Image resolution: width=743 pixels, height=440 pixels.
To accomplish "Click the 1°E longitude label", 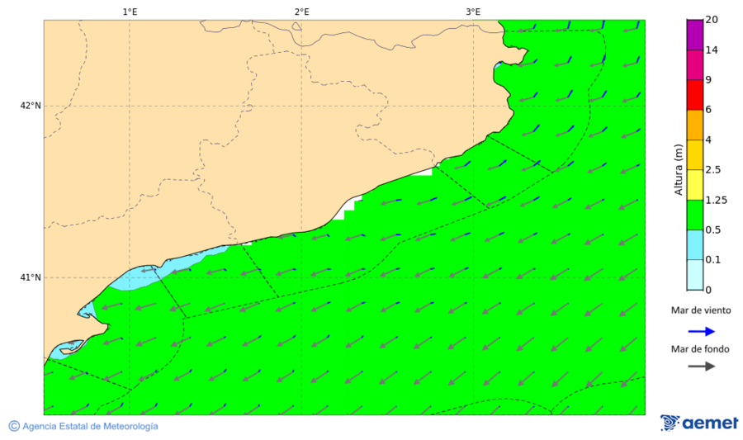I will pyautogui.click(x=130, y=12).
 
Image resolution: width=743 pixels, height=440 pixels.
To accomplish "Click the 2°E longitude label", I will pyautogui.click(x=301, y=12).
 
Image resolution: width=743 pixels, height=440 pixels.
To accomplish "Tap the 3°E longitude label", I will pyautogui.click(x=473, y=12).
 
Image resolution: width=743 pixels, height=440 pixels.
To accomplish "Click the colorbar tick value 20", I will pyautogui.click(x=711, y=21).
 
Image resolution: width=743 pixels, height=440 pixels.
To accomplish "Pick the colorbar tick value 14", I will pyautogui.click(x=711, y=50).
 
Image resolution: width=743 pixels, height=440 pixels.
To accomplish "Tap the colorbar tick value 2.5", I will pyautogui.click(x=713, y=169).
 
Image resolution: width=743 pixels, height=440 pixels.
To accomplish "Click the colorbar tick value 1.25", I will pyautogui.click(x=715, y=200).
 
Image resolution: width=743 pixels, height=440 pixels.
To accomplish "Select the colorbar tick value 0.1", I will pyautogui.click(x=712, y=259).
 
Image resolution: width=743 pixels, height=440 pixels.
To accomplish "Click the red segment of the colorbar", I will pyautogui.click(x=694, y=95).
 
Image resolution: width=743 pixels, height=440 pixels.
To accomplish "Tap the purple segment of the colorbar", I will pyautogui.click(x=694, y=35).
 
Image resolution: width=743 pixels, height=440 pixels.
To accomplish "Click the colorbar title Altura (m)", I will pyautogui.click(x=678, y=169).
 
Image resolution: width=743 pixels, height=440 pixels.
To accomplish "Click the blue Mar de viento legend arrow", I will pyautogui.click(x=701, y=331).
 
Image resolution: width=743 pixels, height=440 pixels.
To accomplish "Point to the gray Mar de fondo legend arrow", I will pyautogui.click(x=701, y=367).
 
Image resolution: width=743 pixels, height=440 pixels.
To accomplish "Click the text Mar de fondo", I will pyautogui.click(x=700, y=348).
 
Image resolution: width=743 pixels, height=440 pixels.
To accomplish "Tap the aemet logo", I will pyautogui.click(x=699, y=423).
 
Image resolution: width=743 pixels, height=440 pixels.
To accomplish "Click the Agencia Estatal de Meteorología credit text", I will pyautogui.click(x=90, y=426).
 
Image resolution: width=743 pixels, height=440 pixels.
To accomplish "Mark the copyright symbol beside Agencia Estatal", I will pyautogui.click(x=14, y=426).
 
